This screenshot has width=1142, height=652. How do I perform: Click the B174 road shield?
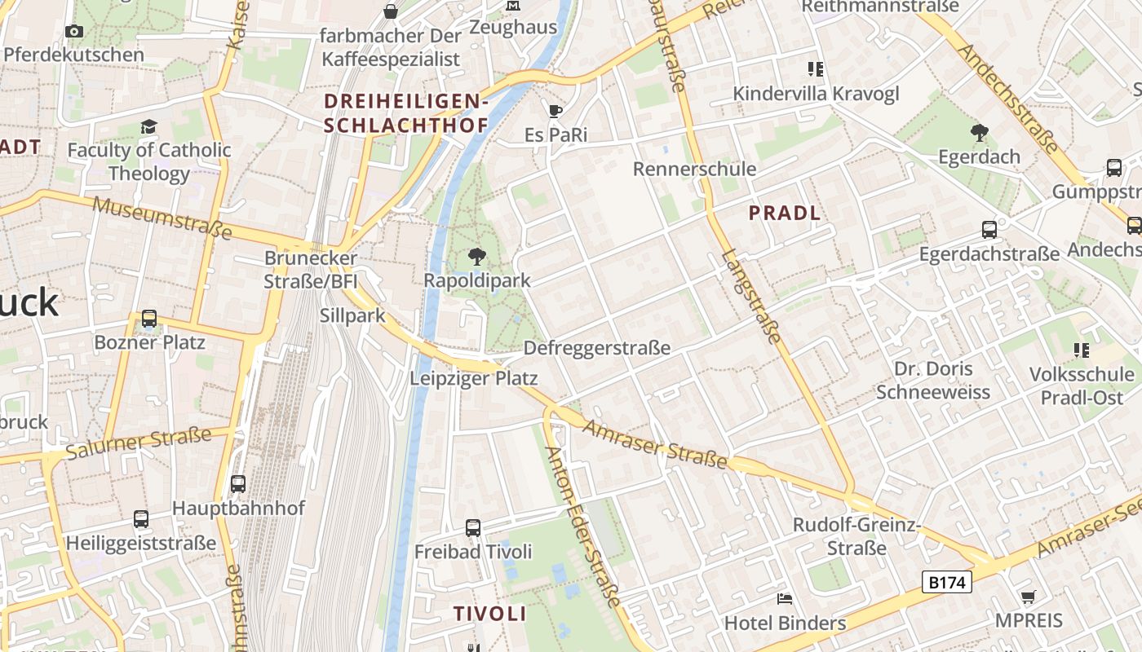[x=947, y=582]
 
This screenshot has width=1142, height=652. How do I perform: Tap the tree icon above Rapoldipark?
[x=477, y=258]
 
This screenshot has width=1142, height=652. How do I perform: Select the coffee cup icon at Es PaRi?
[x=556, y=111]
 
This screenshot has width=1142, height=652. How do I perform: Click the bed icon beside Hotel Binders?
[x=784, y=600]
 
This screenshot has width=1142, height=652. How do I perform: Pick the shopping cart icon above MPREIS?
[x=1029, y=597]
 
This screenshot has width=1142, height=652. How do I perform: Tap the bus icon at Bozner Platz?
[x=148, y=319]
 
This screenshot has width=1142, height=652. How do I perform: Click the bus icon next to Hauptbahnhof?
[x=238, y=483]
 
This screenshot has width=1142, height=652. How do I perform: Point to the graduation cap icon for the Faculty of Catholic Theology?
[x=148, y=127]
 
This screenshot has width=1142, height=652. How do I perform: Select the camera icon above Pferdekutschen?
[x=74, y=32]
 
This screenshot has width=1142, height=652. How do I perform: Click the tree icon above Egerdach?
[x=979, y=132]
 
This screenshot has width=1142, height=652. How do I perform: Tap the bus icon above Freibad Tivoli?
[x=473, y=527]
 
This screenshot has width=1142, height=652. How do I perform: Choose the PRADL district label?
[x=784, y=214]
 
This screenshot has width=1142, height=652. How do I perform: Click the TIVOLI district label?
[x=490, y=614]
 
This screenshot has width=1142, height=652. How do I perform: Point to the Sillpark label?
[x=352, y=315]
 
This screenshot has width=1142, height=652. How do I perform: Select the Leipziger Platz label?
[x=473, y=378]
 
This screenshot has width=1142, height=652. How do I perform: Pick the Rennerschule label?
[x=694, y=170]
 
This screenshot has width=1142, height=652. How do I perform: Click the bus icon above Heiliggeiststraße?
[x=141, y=518]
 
